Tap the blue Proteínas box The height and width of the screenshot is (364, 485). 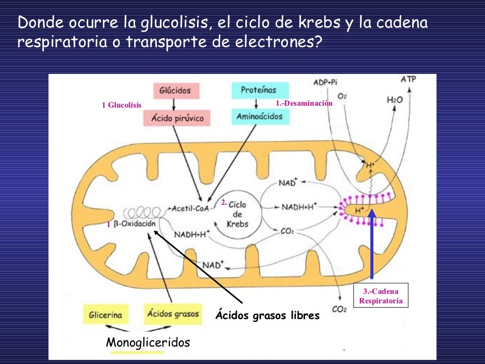259,90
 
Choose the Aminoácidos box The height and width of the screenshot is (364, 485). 260,117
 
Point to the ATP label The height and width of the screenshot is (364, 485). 408,79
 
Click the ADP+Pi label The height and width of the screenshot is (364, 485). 325,82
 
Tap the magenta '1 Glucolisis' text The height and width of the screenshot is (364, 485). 122,105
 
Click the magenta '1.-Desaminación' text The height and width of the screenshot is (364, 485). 304,103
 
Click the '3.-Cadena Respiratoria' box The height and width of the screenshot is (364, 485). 381,296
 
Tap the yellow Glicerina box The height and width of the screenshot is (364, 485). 106,314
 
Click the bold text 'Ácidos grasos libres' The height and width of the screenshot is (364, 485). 268,315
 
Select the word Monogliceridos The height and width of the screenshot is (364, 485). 148,342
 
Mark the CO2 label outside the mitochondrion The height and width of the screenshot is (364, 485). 339,309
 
